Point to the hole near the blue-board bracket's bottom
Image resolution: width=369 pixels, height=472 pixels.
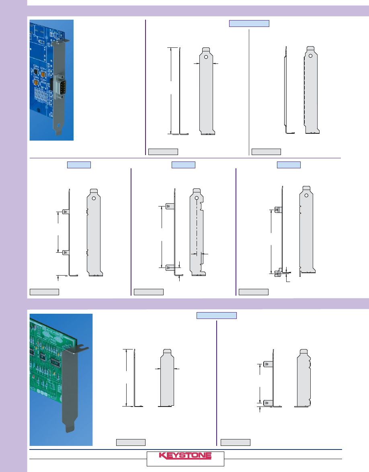(59, 125)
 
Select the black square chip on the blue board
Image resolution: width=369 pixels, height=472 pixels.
(35, 72)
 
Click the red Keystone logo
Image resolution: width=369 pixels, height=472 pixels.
(185, 456)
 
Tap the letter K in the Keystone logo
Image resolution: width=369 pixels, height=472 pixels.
(162, 456)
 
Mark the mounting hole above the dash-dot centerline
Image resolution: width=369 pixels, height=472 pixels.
(197, 198)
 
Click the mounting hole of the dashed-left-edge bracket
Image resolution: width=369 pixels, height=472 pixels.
(310, 56)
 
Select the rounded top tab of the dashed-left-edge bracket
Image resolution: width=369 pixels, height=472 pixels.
(310, 48)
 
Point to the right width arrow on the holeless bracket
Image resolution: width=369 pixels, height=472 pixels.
(177, 368)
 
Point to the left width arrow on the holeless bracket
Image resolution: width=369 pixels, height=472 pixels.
(158, 368)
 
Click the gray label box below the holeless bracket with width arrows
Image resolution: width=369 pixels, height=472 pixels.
(131, 442)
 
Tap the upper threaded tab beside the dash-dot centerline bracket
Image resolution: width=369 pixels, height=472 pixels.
(170, 206)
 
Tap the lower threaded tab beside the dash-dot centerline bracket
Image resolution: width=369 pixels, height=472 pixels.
(170, 267)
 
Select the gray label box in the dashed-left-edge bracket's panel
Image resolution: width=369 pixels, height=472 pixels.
(266, 152)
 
